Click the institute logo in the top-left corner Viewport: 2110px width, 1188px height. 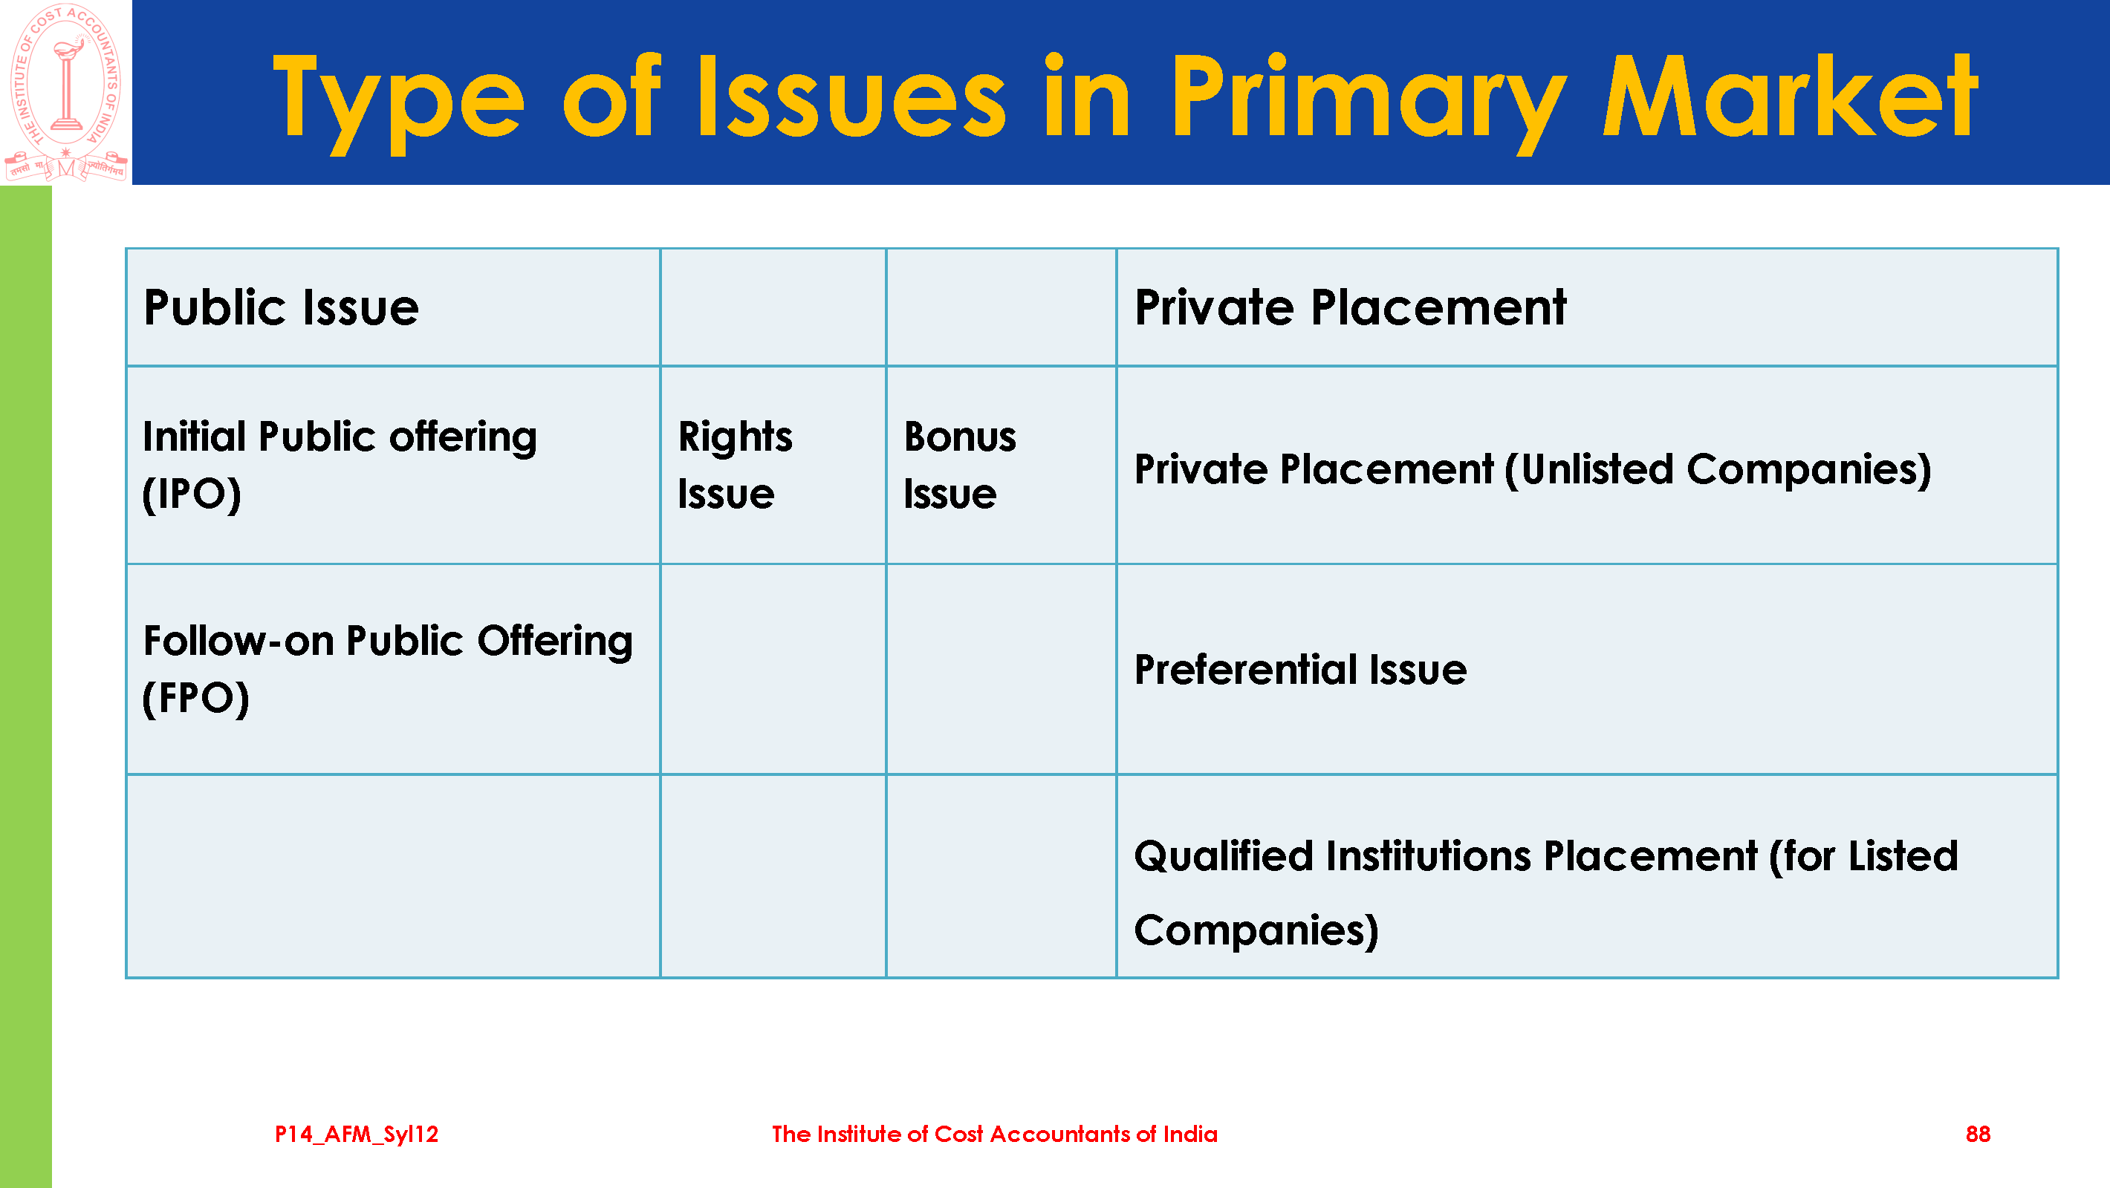pos(65,92)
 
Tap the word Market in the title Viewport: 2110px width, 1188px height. pos(1789,96)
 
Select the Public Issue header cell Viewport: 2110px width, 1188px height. pos(393,308)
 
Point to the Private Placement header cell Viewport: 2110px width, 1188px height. pos(1587,308)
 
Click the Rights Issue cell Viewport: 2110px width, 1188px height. pos(773,465)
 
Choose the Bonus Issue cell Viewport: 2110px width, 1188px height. pos(1001,465)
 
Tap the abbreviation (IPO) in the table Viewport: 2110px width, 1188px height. pos(192,495)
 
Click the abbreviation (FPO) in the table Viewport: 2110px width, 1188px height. pos(195,699)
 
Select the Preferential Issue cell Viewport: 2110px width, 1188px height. pos(1587,669)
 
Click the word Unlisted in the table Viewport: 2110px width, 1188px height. pos(1597,469)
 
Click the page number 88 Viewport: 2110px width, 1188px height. pos(1977,1134)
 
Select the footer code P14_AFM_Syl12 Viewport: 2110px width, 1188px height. pos(357,1135)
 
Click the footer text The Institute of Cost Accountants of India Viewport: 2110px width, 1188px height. pos(994,1134)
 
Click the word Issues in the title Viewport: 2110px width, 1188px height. pos(852,96)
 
